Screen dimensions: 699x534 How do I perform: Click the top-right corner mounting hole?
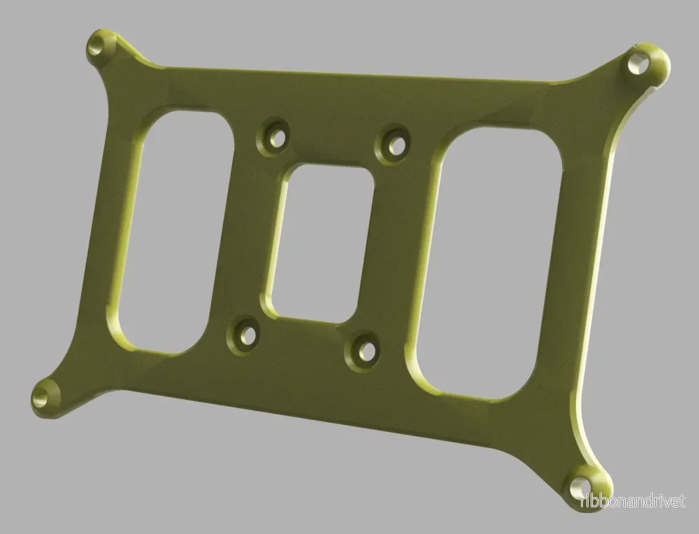[638, 64]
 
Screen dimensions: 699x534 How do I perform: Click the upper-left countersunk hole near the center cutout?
[275, 137]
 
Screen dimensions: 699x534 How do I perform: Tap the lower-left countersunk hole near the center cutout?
[245, 336]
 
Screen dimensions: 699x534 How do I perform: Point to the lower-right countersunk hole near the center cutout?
[365, 352]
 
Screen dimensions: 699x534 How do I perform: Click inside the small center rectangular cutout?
[321, 243]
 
